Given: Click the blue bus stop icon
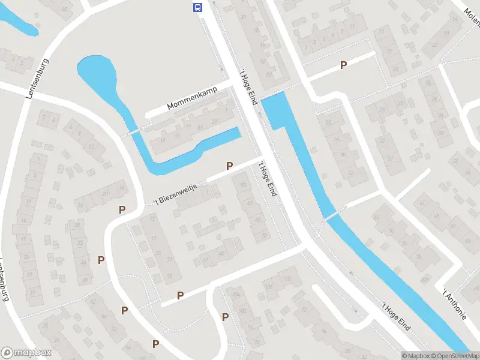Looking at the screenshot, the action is point(197,7).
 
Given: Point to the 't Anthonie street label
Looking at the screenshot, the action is point(454,304).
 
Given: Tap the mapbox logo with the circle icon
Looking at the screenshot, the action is point(26,353).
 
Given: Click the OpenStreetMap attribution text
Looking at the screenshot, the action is point(455,356).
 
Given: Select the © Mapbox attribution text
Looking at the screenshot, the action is point(416,356).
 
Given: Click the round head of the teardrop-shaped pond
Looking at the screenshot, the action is point(97,73).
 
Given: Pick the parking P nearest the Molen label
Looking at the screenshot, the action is point(344,65).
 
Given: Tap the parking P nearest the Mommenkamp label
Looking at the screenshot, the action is point(229,166).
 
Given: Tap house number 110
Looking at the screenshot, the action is point(286,278).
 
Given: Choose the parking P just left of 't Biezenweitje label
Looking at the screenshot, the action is point(122,209).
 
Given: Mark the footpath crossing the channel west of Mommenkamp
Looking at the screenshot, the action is point(133,131).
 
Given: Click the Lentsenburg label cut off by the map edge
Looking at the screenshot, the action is point(5,282).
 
